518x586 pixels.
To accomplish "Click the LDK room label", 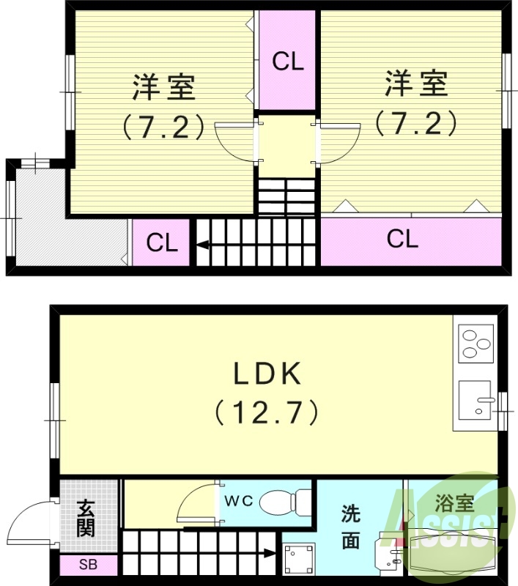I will pos(267,374).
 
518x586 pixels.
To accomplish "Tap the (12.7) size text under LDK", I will pos(267,412).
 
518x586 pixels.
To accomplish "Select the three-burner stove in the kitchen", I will pos(476,343).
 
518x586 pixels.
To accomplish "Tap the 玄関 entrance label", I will pos(87,516).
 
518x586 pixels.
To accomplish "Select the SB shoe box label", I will pos(87,565).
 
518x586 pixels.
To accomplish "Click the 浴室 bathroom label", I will pos(454,502).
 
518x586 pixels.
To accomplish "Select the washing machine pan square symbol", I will pos(299,561).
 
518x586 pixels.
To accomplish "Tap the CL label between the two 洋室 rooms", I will pos(287,62).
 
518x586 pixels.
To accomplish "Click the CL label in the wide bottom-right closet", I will pos(402,239).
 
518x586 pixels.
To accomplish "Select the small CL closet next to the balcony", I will pos(162,243).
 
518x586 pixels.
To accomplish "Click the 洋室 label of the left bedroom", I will pos(163,88).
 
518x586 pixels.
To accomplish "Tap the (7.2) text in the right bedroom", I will pos(415,122).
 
